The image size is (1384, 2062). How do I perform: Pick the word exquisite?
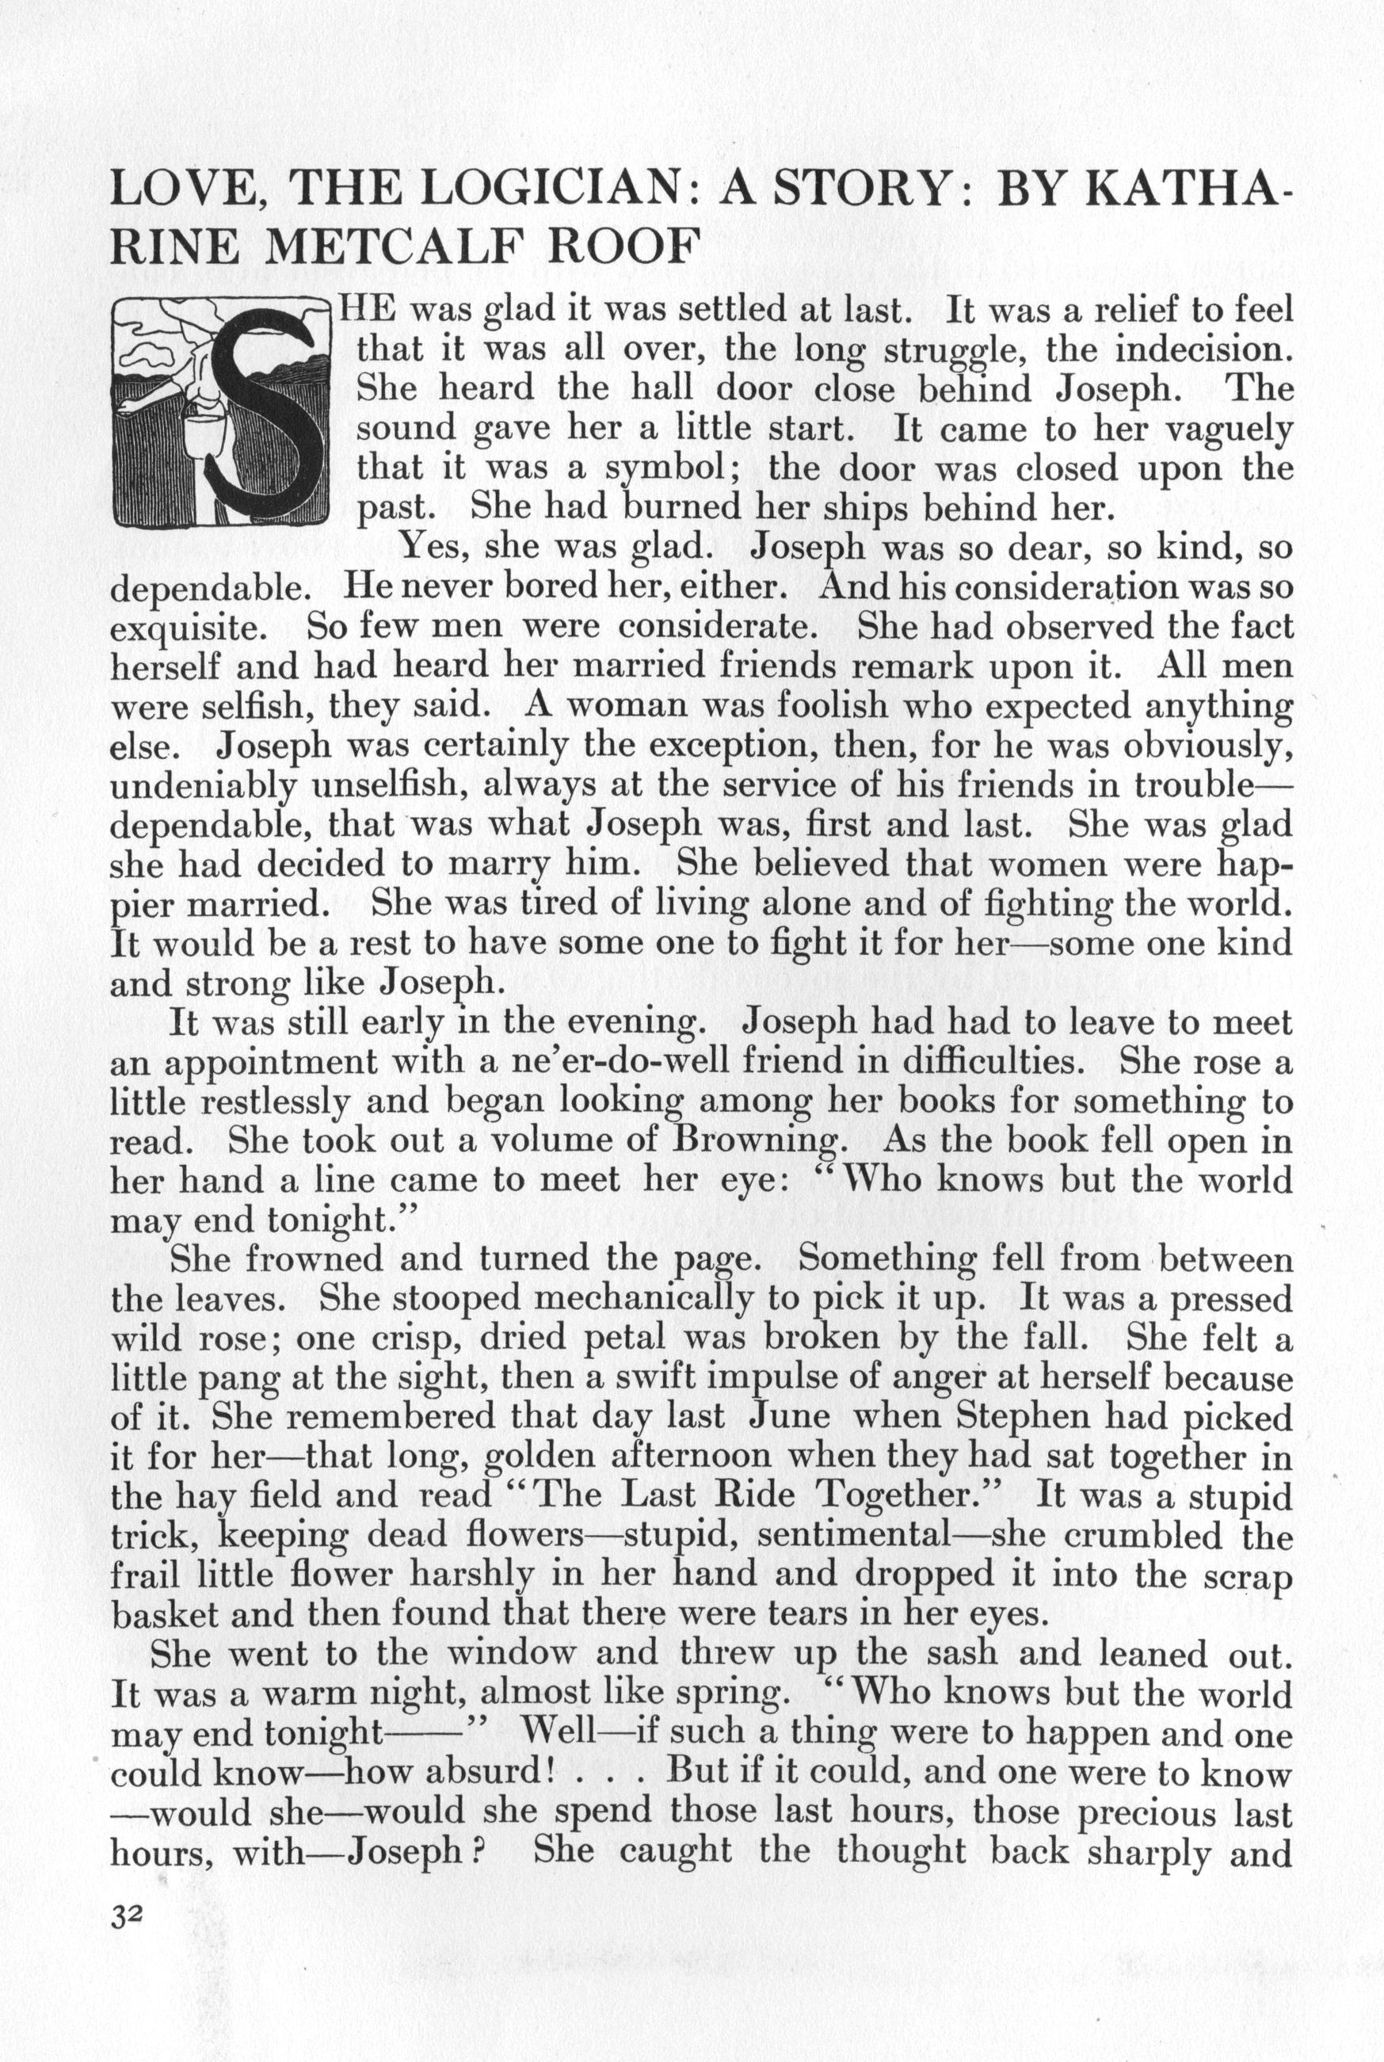click(x=185, y=626)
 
